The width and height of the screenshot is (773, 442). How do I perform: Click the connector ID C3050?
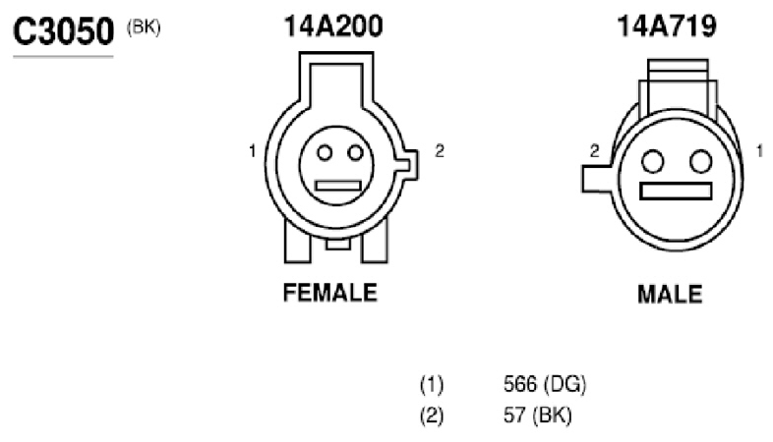[64, 31]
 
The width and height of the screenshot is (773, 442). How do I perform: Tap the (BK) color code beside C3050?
[144, 28]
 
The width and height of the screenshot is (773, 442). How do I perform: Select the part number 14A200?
[333, 27]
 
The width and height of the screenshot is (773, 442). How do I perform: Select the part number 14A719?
[667, 27]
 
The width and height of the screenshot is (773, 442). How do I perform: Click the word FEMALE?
[330, 293]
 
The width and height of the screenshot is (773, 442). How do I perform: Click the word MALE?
[670, 295]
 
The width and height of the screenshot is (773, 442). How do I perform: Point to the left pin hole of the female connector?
[325, 152]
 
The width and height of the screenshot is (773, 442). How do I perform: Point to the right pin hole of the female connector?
[355, 152]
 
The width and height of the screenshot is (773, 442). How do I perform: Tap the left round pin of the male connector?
[653, 161]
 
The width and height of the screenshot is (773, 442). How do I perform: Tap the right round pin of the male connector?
[700, 161]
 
